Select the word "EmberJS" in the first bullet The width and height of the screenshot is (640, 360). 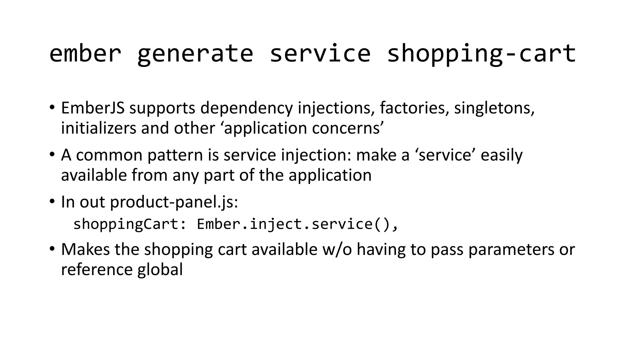coord(93,108)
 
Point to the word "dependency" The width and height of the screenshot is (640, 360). coord(247,108)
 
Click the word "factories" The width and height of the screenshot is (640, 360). coord(414,108)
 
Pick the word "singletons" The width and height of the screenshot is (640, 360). coord(494,108)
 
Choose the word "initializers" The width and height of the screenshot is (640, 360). coord(98,128)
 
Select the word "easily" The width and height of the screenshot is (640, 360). coord(501,155)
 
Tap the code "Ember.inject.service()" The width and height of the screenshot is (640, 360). coord(294,224)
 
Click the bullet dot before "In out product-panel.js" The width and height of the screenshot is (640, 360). coord(52,201)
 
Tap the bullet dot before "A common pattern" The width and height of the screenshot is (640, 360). coord(52,154)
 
